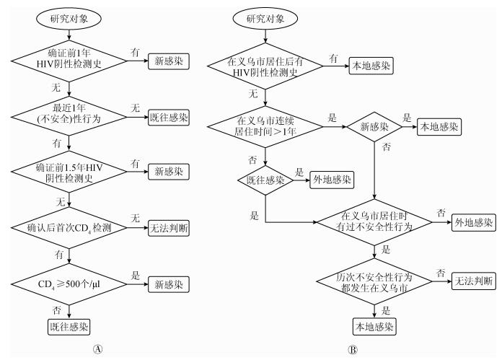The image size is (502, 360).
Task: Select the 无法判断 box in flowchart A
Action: pyautogui.click(x=169, y=228)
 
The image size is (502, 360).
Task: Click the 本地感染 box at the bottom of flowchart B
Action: pyautogui.click(x=374, y=327)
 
